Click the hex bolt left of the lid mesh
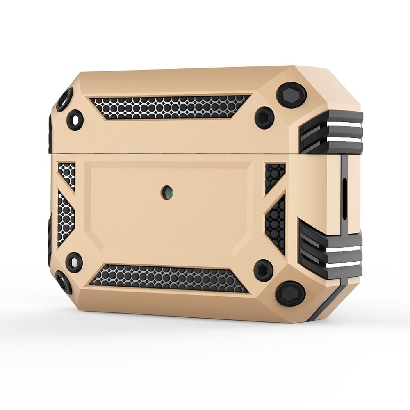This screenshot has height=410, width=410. (x=75, y=119)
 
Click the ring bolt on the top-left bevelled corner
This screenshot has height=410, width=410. (x=65, y=99)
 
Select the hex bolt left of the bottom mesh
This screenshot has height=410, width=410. (x=74, y=261)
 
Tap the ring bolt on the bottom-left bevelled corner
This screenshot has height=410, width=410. (x=64, y=282)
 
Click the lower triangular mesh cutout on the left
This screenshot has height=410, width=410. (x=66, y=217)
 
